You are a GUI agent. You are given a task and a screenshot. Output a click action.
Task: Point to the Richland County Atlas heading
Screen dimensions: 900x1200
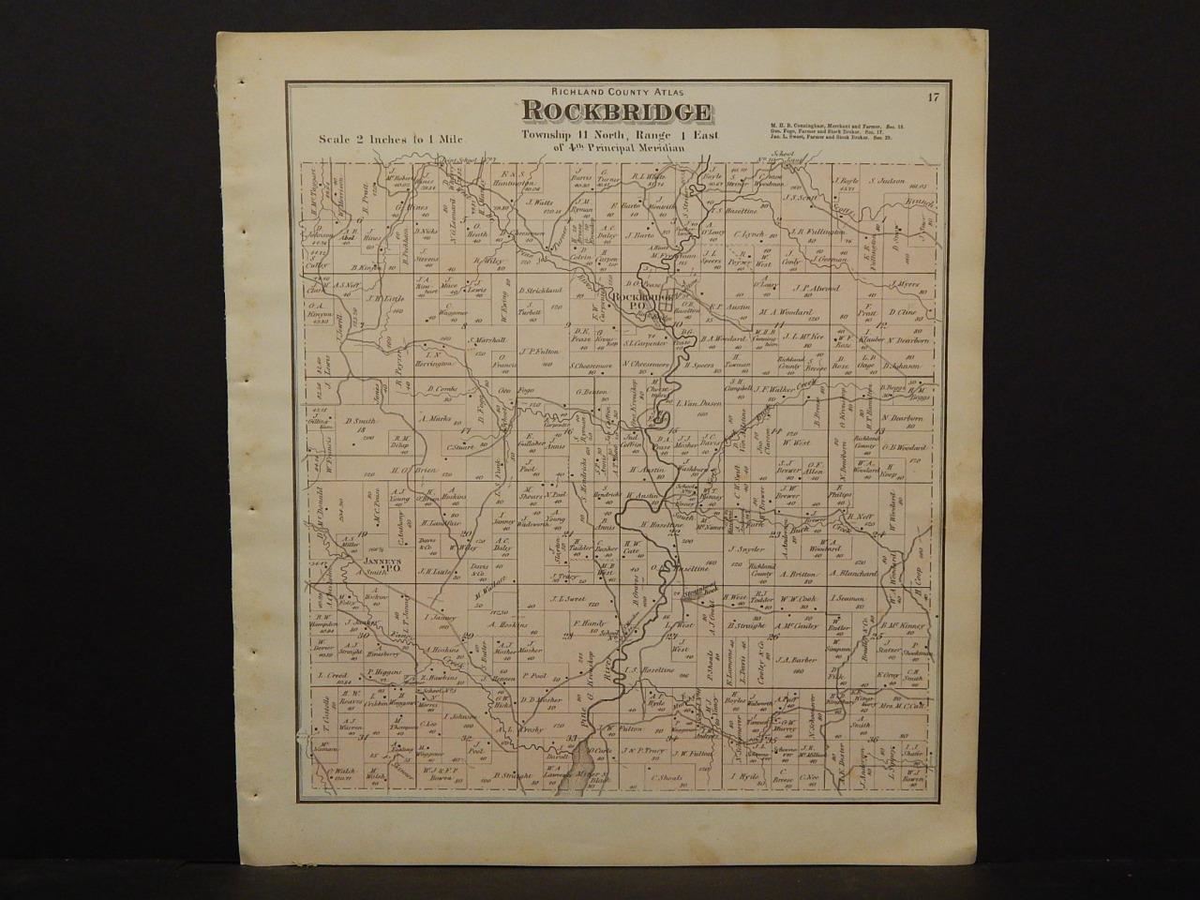[x=614, y=90]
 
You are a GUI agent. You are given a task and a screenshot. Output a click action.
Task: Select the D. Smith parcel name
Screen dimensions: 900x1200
[x=354, y=421]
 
